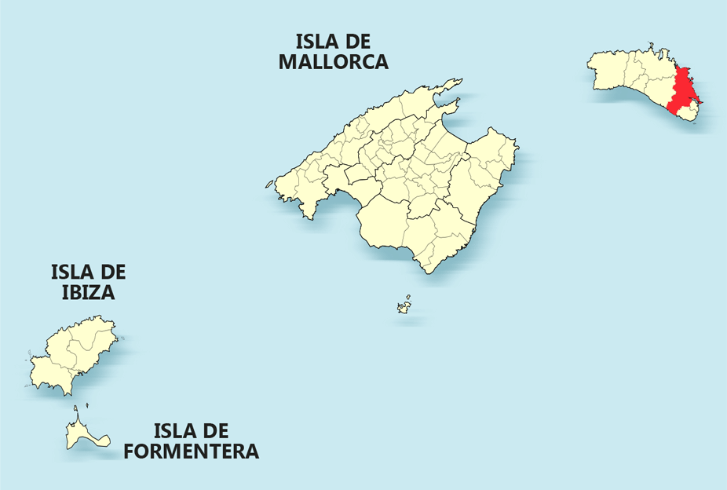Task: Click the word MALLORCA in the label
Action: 333,62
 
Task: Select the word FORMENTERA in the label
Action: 191,452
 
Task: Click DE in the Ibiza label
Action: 114,272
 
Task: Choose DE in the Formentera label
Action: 217,431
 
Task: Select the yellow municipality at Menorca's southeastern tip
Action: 688,114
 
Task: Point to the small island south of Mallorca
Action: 405,305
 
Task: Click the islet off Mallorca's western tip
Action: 269,186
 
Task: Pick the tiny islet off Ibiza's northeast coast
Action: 122,338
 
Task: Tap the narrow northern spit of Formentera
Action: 76,413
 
